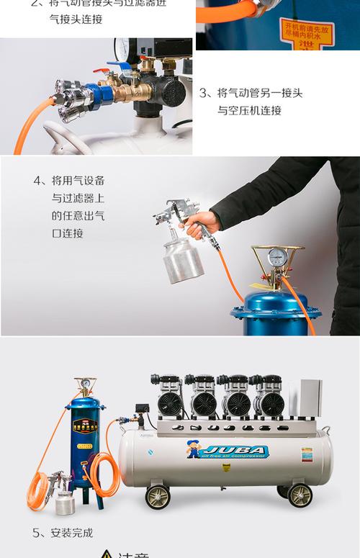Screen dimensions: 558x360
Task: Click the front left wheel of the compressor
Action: (x=158, y=497)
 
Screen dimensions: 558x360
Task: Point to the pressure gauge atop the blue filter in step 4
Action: (x=278, y=258)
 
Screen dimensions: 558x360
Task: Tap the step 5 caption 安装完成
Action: (x=63, y=534)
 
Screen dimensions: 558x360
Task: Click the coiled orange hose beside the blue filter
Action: (x=103, y=476)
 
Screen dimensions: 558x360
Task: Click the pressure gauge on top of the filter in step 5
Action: (x=85, y=384)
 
